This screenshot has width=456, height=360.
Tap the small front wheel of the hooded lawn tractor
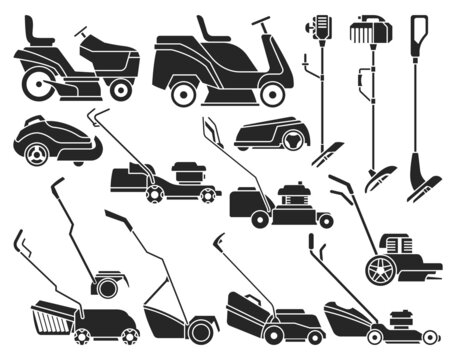(x=121, y=90)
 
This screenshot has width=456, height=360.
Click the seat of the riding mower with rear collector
(x=213, y=30)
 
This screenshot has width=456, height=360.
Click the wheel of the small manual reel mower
(x=104, y=287)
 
